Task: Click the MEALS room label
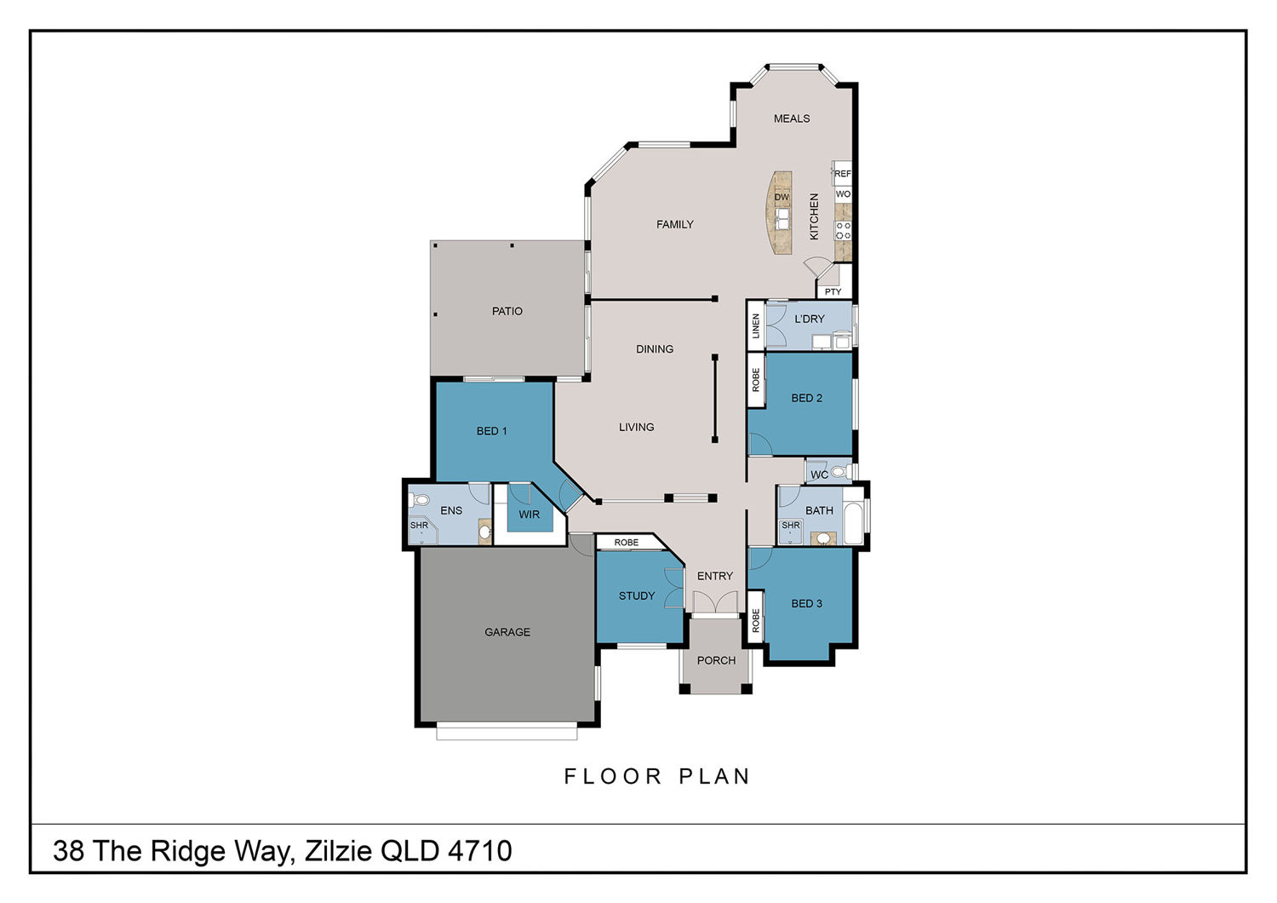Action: click(791, 118)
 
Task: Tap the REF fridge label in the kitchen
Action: click(843, 174)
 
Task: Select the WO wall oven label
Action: click(843, 194)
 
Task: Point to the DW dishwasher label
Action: click(782, 198)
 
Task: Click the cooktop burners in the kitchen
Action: click(843, 231)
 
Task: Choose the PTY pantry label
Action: click(833, 291)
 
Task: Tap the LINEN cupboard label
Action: click(756, 326)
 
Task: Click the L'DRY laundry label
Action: click(810, 319)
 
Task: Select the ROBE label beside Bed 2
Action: click(756, 380)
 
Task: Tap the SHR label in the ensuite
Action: click(419, 526)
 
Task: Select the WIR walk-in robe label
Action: click(529, 515)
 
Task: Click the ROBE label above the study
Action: click(627, 543)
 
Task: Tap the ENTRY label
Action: click(715, 576)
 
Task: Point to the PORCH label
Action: click(716, 660)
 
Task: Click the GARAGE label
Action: click(507, 632)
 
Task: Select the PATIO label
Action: click(507, 312)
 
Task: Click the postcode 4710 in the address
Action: click(480, 851)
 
